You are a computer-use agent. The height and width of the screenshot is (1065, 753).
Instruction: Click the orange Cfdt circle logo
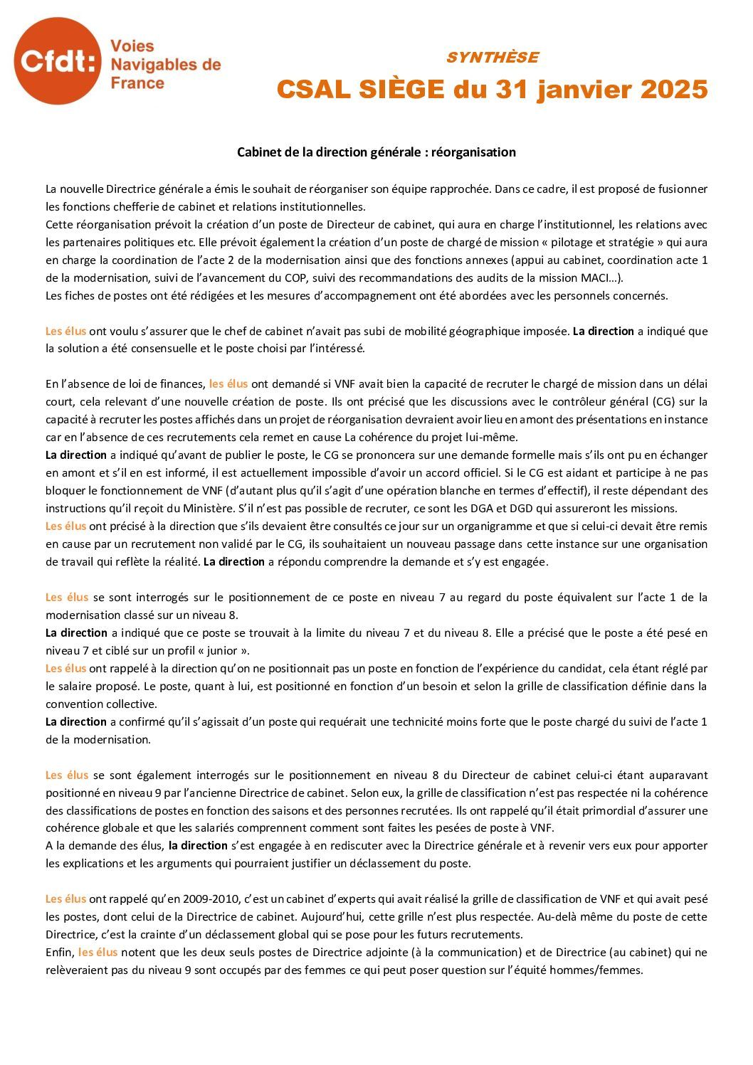[57, 61]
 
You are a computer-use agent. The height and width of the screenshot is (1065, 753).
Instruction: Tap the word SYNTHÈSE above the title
[492, 58]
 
